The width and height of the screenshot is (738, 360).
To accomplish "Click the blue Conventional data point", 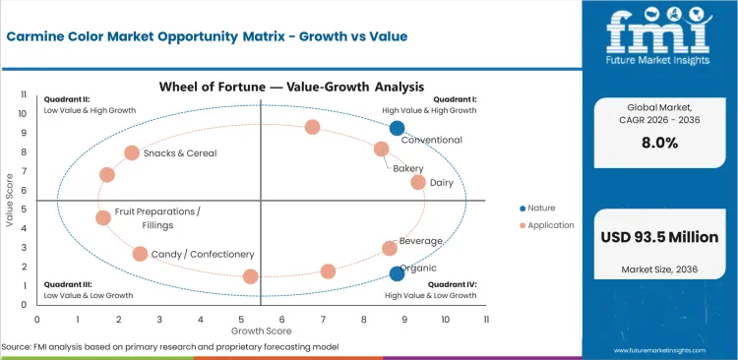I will click(x=397, y=128).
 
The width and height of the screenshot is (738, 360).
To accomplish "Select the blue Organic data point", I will click(x=397, y=273).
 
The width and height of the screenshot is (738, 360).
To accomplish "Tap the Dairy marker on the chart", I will click(x=418, y=182).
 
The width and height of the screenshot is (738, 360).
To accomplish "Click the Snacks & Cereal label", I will click(x=180, y=153).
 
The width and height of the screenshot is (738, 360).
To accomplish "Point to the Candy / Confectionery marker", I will click(x=140, y=254).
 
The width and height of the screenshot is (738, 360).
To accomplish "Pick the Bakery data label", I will click(x=408, y=169).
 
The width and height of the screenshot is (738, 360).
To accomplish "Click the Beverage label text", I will click(x=421, y=241).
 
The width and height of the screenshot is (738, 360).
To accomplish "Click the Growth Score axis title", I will click(x=260, y=331).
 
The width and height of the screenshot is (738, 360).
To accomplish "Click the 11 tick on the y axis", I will click(x=23, y=95).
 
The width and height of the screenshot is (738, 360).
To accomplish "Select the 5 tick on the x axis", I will click(x=241, y=319).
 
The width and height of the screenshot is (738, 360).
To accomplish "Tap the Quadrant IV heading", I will click(x=453, y=284).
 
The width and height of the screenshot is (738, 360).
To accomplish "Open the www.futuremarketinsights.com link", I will click(x=671, y=349).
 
